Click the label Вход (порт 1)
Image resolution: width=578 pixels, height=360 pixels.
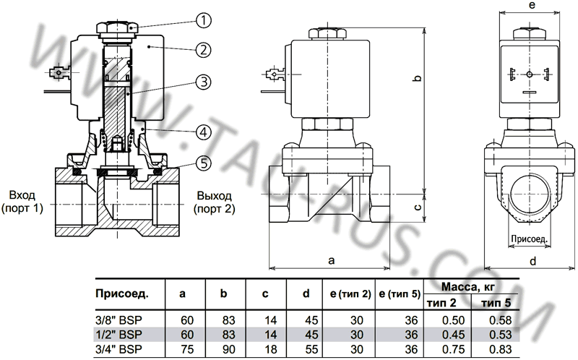24,202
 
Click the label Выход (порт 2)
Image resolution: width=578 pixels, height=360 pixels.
214,202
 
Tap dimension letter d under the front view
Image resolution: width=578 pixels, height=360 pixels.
531,262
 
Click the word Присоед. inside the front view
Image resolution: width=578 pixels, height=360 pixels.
530,236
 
